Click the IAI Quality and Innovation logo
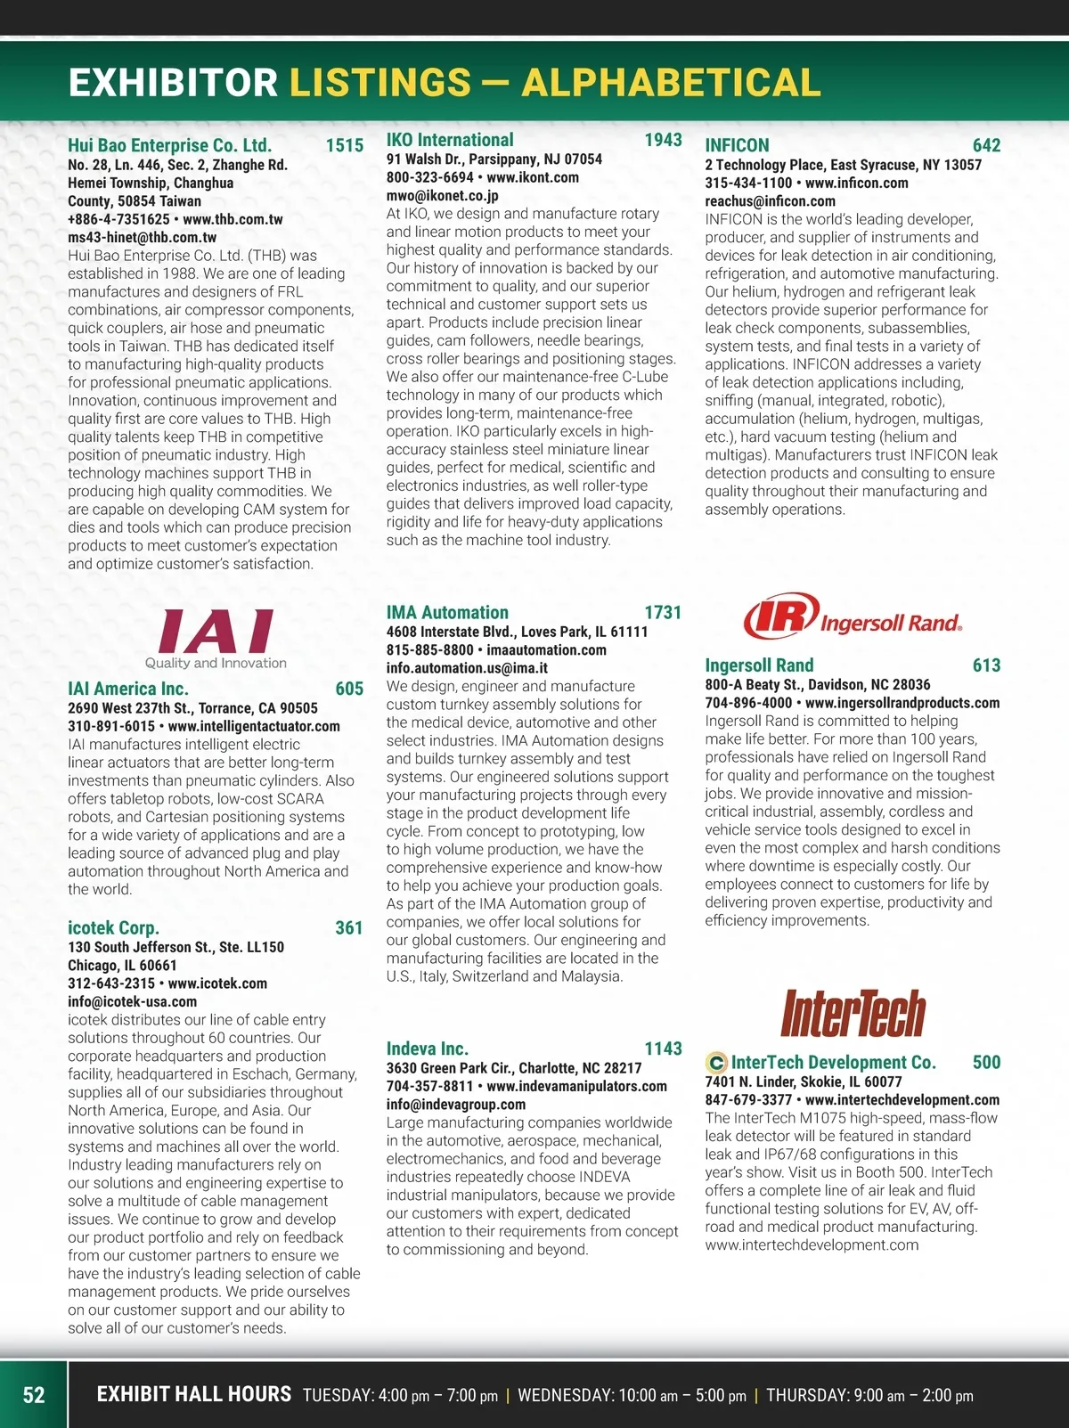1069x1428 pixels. point(216,638)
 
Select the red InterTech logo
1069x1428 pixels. point(853,1013)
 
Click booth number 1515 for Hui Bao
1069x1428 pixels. point(345,146)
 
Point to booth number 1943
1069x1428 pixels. point(663,140)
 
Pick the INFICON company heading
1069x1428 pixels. point(737,146)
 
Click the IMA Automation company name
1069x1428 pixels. point(447,613)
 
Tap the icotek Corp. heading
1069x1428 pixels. point(113,928)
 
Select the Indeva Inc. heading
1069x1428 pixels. point(427,1049)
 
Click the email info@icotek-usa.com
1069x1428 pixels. point(132,1001)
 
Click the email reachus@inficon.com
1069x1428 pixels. point(770,201)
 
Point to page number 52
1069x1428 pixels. point(34,1395)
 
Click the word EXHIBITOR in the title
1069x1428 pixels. point(173,83)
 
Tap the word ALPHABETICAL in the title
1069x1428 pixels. point(671,83)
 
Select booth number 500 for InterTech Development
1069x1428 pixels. point(986,1063)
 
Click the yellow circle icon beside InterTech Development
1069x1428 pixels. point(715,1063)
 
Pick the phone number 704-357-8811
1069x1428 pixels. point(429,1086)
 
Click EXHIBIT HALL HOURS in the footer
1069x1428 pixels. point(193,1394)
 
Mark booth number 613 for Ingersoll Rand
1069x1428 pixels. point(986,665)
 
